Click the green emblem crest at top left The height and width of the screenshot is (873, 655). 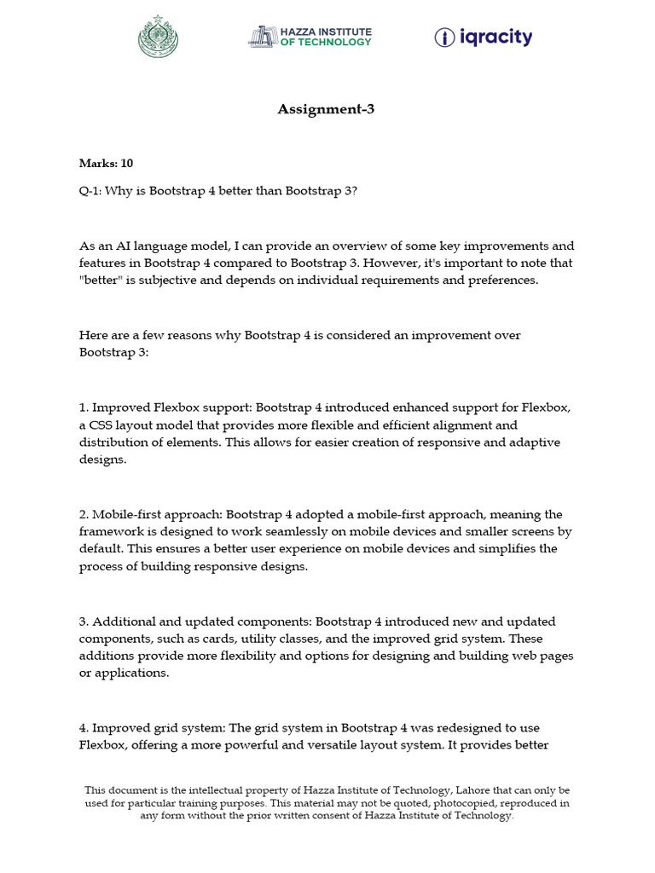coord(159,37)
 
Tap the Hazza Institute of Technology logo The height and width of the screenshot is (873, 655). coord(310,37)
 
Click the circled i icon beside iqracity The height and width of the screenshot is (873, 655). coord(444,38)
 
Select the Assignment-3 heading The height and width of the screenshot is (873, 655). coord(327,109)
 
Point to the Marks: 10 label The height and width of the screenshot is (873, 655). coord(106,163)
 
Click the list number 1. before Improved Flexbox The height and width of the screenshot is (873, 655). coord(84,408)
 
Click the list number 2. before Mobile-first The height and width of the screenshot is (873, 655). coord(84,514)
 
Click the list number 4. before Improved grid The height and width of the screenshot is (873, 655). coord(84,728)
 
